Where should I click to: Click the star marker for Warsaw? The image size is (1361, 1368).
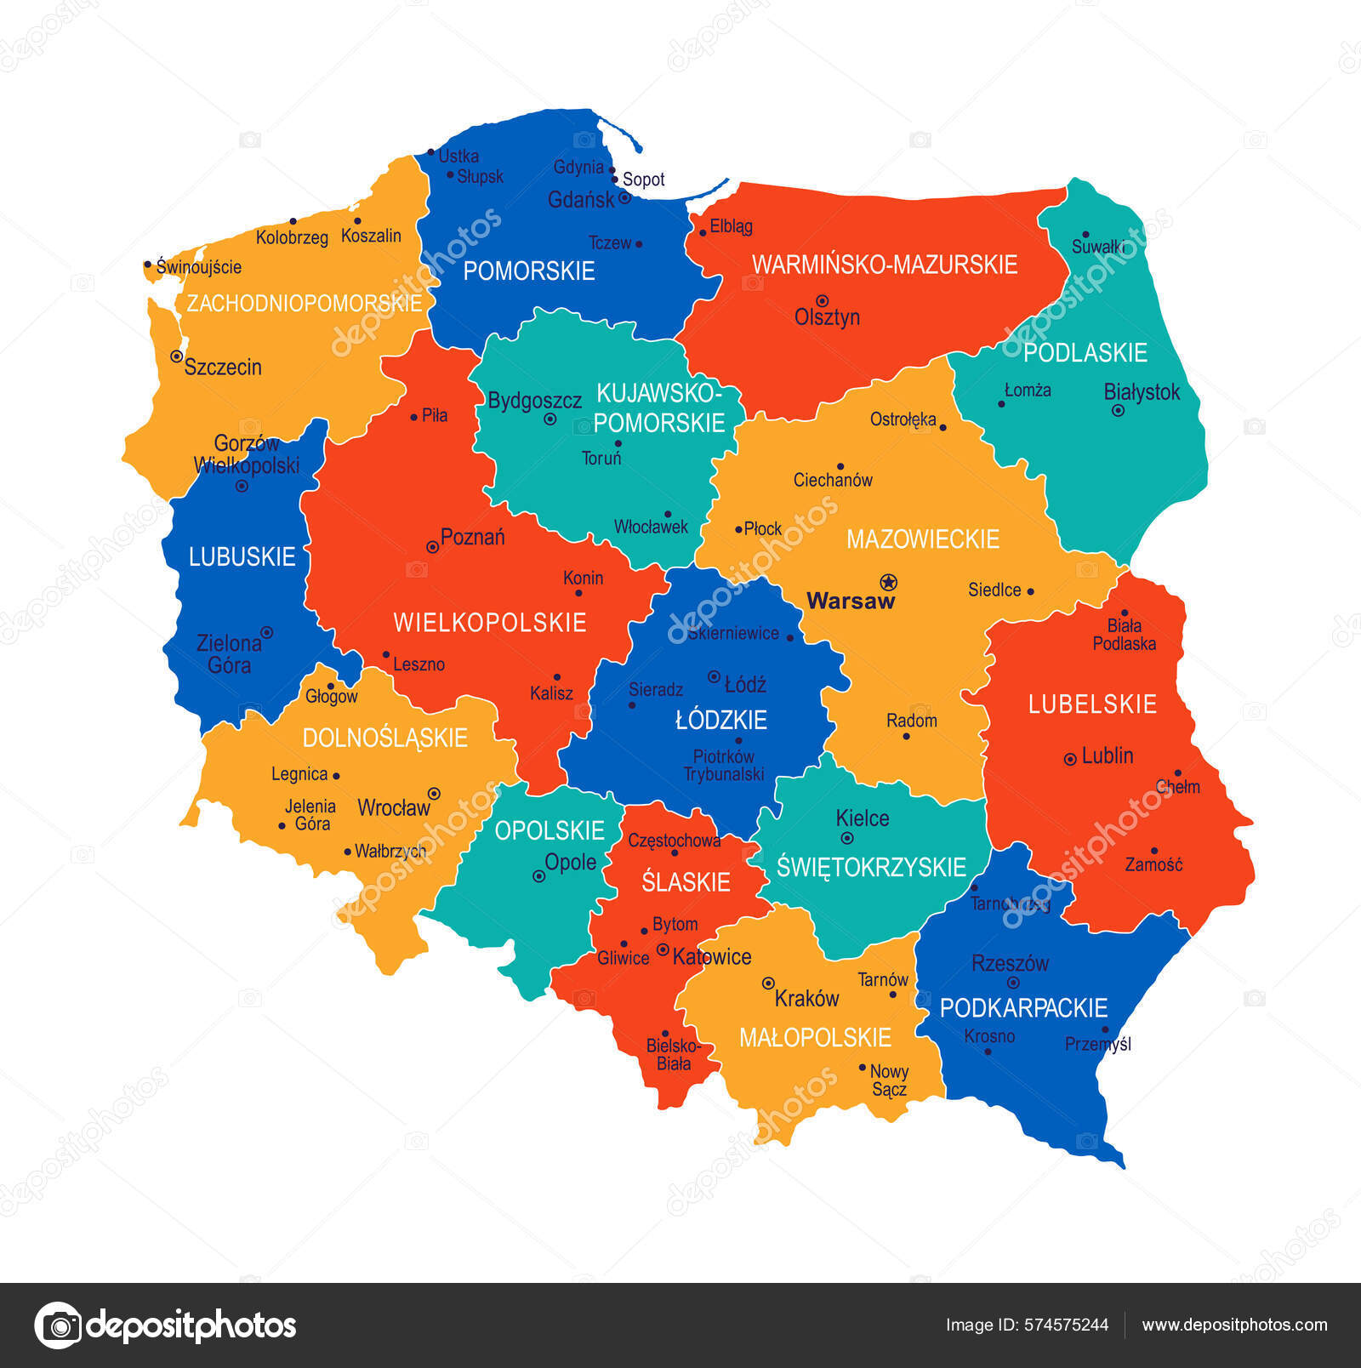(889, 582)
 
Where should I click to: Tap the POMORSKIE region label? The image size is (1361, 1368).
(528, 271)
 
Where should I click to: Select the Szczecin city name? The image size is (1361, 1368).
(223, 368)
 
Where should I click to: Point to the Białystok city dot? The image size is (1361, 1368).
(1118, 411)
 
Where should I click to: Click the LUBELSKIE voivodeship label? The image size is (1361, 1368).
(1092, 704)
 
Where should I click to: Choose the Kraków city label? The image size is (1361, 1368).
(806, 999)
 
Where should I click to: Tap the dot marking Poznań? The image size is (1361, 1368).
(432, 547)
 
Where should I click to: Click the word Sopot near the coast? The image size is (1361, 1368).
(643, 180)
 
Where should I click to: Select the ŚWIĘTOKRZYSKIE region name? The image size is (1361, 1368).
(871, 867)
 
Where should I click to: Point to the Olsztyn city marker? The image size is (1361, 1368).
(822, 301)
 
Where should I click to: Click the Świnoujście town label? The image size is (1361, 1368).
(199, 267)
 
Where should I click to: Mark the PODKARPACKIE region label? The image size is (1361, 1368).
(1023, 1008)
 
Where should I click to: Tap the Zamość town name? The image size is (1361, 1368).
(1153, 865)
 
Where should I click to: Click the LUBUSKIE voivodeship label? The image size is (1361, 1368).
(242, 557)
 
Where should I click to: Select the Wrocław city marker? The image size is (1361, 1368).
(434, 793)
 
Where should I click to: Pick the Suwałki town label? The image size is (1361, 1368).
(1098, 247)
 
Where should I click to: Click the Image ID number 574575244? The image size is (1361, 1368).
(1066, 1325)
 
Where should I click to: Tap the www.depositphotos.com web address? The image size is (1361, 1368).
(1234, 1325)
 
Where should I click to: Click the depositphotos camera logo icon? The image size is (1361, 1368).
(59, 1325)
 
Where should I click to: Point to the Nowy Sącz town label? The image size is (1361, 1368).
(889, 1080)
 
